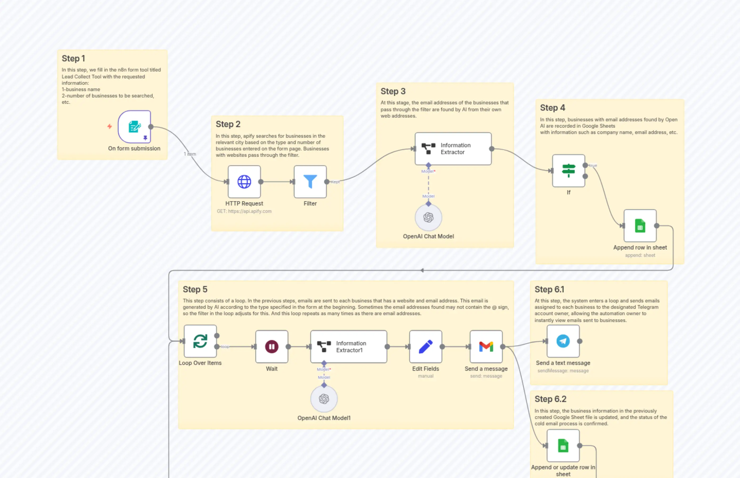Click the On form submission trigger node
click(x=134, y=127)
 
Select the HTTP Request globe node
click(x=244, y=182)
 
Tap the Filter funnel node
click(x=310, y=182)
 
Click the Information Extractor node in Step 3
click(x=453, y=149)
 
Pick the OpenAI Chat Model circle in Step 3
click(x=428, y=217)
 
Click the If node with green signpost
click(x=568, y=170)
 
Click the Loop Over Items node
click(x=200, y=341)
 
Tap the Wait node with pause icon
click(x=271, y=346)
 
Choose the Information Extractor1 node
click(x=348, y=346)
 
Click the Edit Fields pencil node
click(x=425, y=346)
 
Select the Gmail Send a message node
click(x=486, y=346)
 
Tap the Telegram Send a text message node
click(x=563, y=341)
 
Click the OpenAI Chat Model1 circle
click(x=324, y=399)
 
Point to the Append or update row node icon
click(x=563, y=446)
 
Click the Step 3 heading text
click(x=393, y=91)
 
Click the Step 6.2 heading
click(x=550, y=399)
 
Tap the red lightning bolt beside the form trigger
click(x=110, y=126)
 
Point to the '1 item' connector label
click(x=190, y=154)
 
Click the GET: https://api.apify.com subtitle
click(x=244, y=211)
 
